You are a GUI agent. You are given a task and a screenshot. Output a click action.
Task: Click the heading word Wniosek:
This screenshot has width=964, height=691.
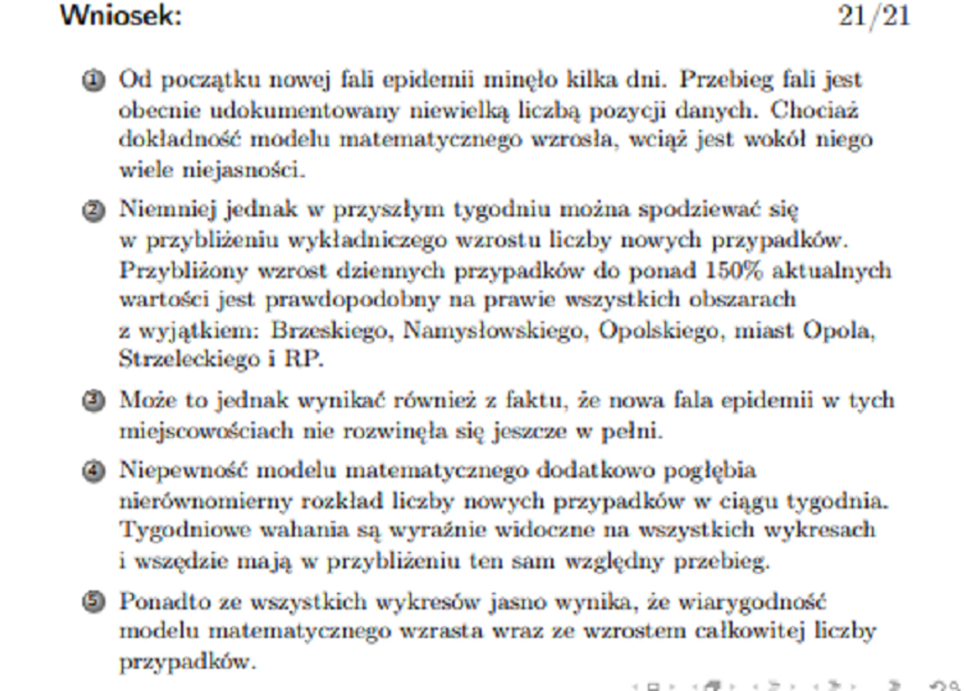point(121,15)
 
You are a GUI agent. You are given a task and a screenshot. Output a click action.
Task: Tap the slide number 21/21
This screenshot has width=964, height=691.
point(874,16)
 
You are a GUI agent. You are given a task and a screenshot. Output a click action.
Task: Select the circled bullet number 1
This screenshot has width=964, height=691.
point(93,81)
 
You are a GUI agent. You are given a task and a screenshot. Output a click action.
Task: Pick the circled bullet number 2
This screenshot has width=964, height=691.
point(93,210)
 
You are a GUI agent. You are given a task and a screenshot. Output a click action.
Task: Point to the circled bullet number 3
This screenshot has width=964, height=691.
point(93,401)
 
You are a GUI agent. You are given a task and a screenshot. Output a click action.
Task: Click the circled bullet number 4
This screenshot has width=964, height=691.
point(93,471)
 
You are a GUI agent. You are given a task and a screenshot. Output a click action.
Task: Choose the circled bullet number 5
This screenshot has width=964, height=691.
point(93,602)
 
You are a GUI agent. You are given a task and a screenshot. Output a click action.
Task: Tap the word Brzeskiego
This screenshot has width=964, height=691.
point(332,330)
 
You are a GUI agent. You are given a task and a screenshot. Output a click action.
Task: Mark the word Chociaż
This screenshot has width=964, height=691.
point(813,110)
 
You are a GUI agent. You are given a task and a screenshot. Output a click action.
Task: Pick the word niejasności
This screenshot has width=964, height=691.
point(244,169)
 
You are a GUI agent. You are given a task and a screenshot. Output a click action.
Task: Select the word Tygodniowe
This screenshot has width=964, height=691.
point(185,529)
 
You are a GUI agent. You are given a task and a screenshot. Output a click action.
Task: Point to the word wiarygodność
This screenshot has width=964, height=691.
point(752,602)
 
